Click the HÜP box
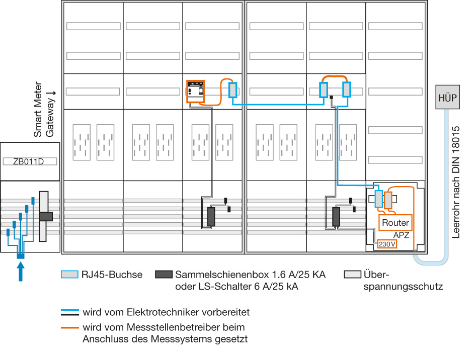click(x=447, y=97)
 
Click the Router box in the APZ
click(x=395, y=223)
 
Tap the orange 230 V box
click(x=387, y=244)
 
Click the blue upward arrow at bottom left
click(x=21, y=272)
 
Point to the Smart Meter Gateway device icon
click(x=196, y=91)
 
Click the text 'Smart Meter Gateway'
click(x=44, y=109)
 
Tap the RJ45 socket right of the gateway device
click(x=232, y=90)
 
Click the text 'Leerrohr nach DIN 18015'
click(x=455, y=182)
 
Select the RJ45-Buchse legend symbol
click(x=69, y=274)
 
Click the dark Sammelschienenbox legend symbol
click(x=164, y=274)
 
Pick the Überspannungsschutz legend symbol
click(x=352, y=274)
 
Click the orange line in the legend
click(x=70, y=328)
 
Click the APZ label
click(x=401, y=235)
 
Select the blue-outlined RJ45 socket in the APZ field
click(x=378, y=199)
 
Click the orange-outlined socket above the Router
click(x=388, y=200)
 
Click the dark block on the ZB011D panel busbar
click(x=46, y=216)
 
